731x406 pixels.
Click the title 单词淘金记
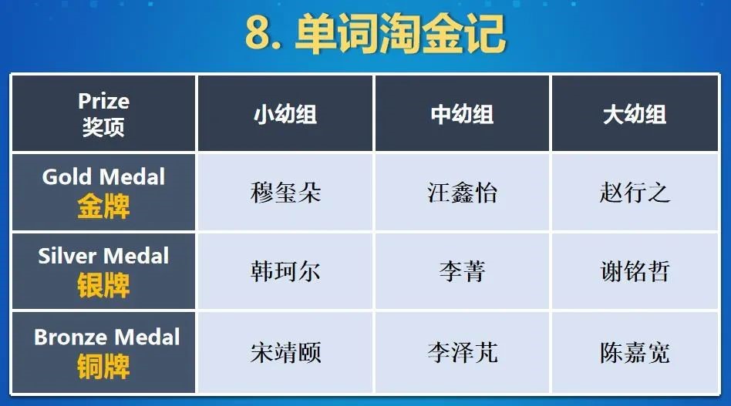[400, 33]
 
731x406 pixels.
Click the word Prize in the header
[103, 101]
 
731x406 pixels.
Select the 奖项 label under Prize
[103, 126]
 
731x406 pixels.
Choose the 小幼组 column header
[285, 114]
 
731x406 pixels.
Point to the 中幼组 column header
[462, 114]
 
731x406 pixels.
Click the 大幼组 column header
[635, 114]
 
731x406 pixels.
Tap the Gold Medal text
[103, 176]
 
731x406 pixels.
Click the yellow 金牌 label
[103, 206]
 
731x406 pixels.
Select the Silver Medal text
[103, 256]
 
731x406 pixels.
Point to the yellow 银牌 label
[103, 285]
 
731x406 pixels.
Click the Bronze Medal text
[106, 337]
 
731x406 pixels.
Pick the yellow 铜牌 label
[103, 367]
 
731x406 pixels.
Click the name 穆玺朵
[286, 193]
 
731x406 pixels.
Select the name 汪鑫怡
[462, 193]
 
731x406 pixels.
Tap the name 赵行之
[635, 193]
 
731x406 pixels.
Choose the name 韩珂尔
[286, 271]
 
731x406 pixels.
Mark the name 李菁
[462, 271]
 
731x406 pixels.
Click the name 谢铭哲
[635, 271]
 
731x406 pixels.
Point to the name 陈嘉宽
[635, 352]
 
